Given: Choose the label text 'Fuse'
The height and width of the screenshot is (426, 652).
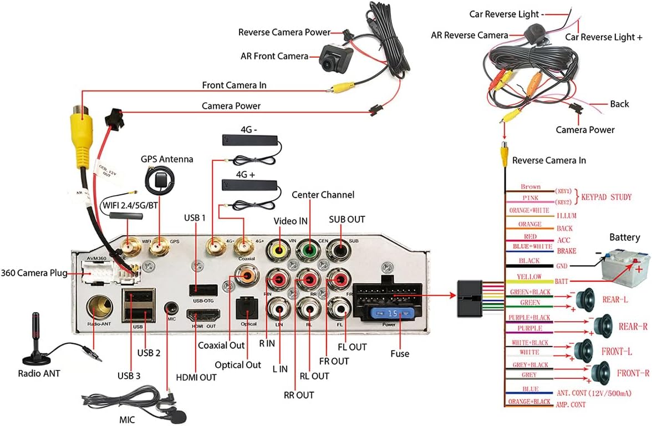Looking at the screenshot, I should (x=399, y=353).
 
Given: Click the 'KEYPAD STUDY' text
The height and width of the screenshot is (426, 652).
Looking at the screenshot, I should (x=607, y=197).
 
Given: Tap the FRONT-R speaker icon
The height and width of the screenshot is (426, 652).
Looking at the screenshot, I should (x=600, y=372).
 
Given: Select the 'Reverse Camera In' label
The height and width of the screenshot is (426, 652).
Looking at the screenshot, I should (x=548, y=160).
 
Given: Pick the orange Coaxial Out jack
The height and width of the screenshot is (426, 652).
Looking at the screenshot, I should (x=244, y=273).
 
